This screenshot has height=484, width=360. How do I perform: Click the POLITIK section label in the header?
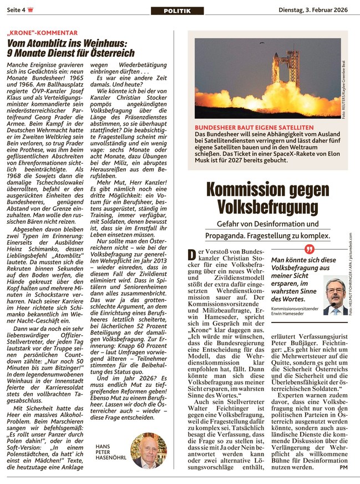(177, 11)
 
